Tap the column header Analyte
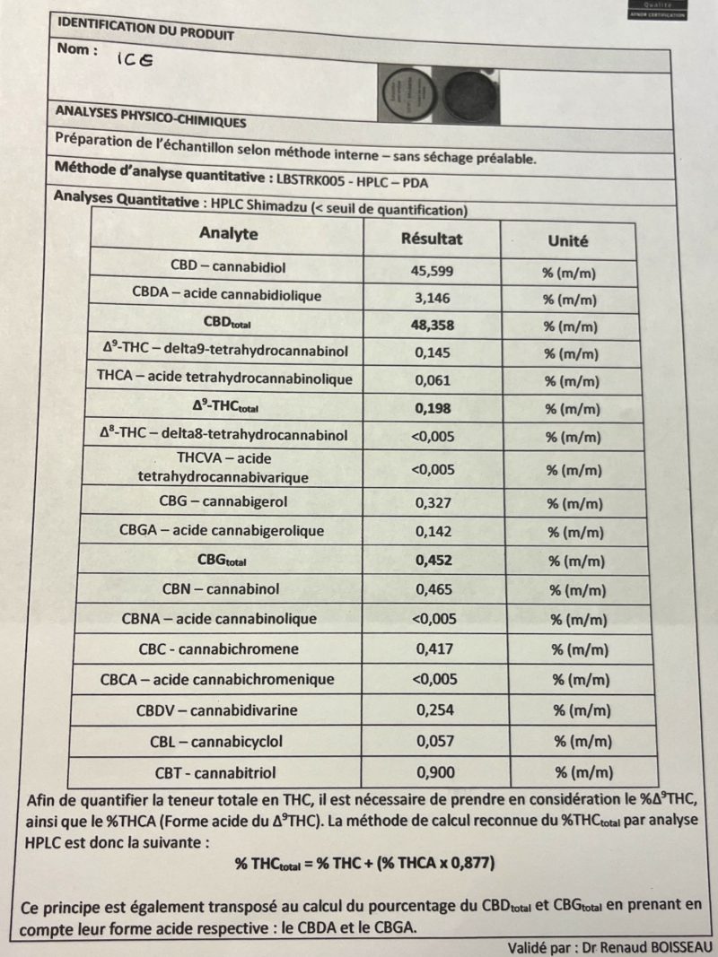coord(228,234)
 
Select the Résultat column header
coord(431,239)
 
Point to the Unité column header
coord(568,241)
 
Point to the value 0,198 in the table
coord(433,408)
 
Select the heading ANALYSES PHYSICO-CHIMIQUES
coord(151,116)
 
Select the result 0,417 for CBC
coord(434,648)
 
